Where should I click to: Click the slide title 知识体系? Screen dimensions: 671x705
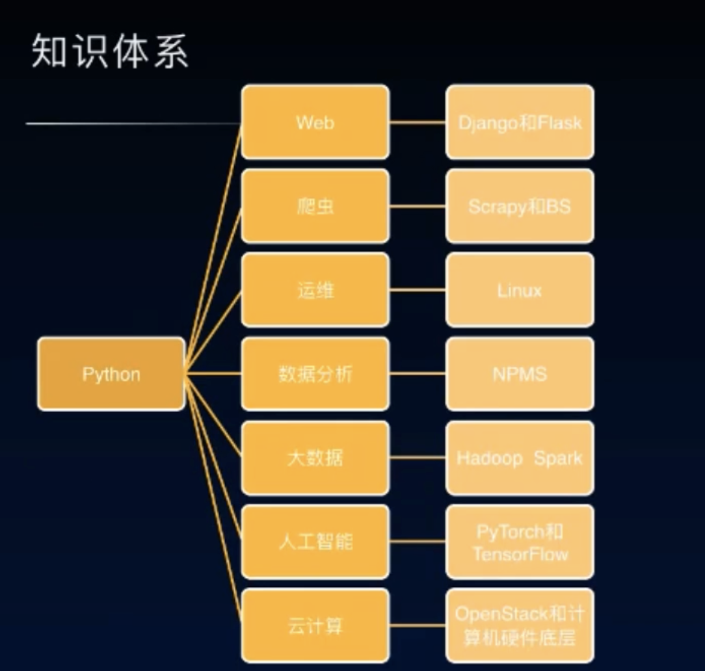click(110, 51)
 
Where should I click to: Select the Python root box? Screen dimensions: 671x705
click(111, 374)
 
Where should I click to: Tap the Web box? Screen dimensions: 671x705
click(315, 122)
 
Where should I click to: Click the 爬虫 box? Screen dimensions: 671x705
click(315, 206)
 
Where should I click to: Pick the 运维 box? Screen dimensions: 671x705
click(315, 290)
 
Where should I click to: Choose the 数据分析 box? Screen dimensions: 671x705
click(315, 374)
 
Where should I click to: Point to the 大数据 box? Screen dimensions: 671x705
click(315, 458)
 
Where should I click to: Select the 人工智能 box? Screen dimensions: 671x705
click(315, 542)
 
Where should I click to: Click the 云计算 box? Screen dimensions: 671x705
click(315, 625)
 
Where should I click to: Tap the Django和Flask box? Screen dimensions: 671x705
click(520, 122)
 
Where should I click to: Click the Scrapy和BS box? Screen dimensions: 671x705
click(520, 206)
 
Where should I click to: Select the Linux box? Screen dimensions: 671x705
click(520, 290)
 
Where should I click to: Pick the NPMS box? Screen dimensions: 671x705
click(520, 374)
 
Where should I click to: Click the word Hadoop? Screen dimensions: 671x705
click(489, 458)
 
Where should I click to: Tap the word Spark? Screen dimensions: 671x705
click(558, 458)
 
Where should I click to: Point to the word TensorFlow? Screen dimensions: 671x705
click(520, 554)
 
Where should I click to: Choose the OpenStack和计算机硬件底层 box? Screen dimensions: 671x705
click(520, 625)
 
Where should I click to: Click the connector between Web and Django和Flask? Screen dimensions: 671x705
click(418, 122)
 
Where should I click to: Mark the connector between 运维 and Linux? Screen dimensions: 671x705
click(418, 290)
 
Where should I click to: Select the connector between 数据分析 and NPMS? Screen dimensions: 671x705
click(418, 374)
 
